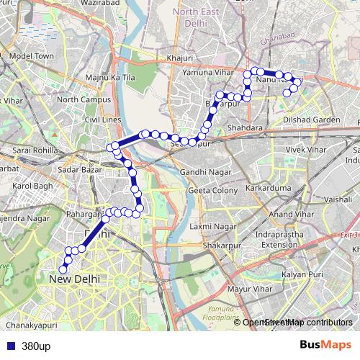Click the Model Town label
(x=32, y=55)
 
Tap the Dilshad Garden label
(x=311, y=120)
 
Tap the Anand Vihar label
(x=289, y=214)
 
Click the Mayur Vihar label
(x=248, y=289)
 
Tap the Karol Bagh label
(x=33, y=186)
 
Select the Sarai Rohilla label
(x=33, y=150)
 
